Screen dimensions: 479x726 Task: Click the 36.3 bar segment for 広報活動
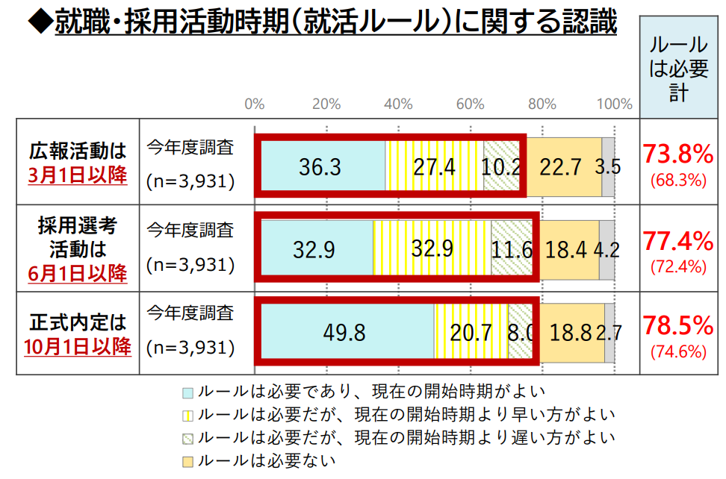(320, 166)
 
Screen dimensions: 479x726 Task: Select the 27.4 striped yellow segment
(434, 166)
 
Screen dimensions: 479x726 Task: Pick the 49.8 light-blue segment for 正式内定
(344, 332)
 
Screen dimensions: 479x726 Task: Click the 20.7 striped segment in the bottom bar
(471, 332)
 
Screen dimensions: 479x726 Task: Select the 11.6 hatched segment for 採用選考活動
(512, 249)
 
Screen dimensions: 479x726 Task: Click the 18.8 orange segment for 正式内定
(571, 332)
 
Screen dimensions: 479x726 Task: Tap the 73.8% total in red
(678, 154)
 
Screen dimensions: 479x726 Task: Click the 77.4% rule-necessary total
(678, 240)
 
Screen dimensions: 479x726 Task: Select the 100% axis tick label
(615, 104)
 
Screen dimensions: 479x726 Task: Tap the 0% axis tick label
(255, 104)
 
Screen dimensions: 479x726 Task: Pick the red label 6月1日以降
(78, 273)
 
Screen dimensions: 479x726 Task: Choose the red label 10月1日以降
(78, 346)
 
